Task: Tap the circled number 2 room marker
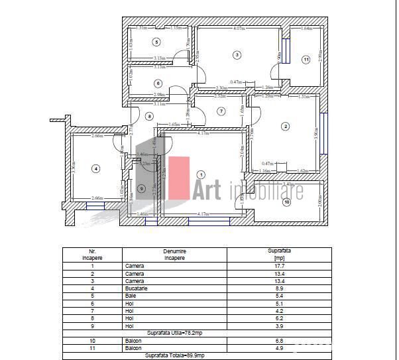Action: tap(286, 126)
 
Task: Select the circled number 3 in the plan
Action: tap(237, 54)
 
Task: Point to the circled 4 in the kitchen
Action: tap(95, 169)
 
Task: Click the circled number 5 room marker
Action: tap(156, 42)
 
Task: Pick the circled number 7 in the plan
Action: tap(221, 111)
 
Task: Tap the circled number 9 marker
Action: tap(141, 188)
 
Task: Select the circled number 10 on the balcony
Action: tap(286, 202)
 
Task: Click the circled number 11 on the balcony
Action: tap(306, 60)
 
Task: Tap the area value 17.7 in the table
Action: tap(279, 266)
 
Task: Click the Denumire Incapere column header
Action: tap(174, 255)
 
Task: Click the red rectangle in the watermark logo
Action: tap(178, 177)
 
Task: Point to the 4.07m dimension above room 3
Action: tap(239, 29)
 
